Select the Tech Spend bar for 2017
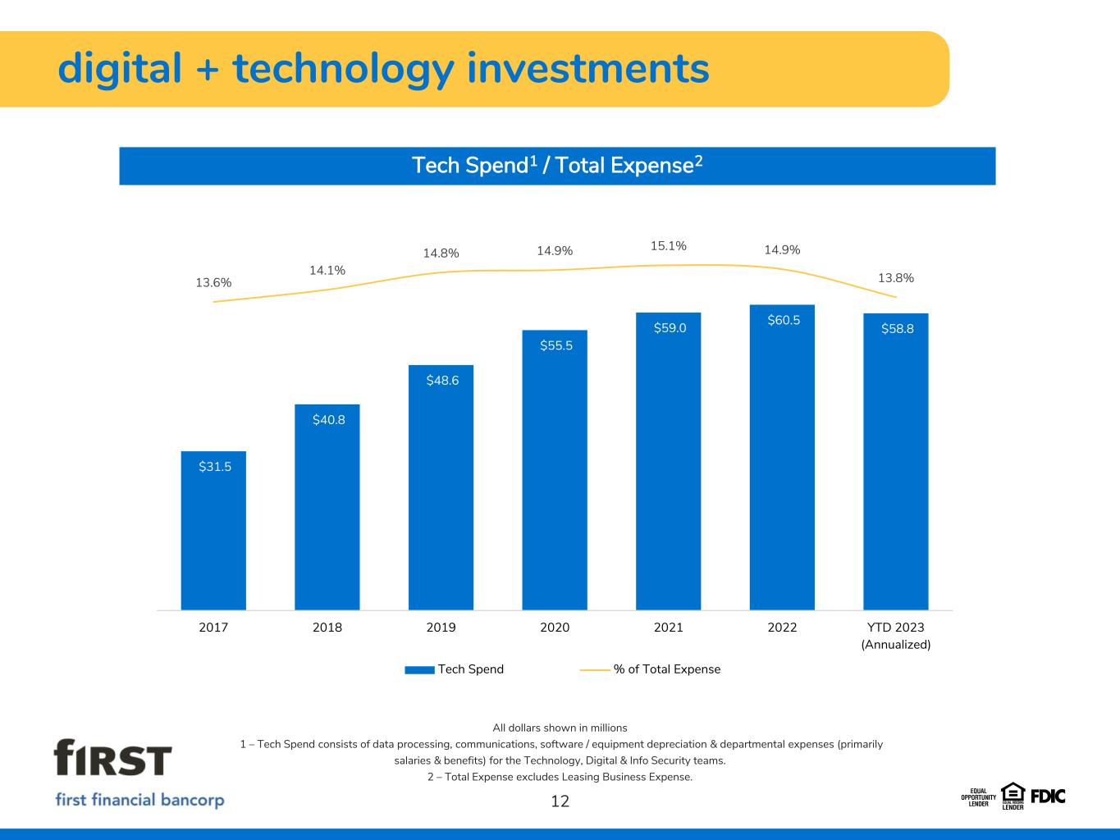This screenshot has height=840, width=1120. (x=213, y=533)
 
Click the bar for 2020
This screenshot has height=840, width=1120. (x=555, y=476)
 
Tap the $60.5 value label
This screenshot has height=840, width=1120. (x=783, y=320)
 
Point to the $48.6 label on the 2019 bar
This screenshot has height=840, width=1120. (x=442, y=381)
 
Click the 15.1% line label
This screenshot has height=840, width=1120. (x=668, y=245)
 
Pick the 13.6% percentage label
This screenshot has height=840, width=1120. (x=213, y=282)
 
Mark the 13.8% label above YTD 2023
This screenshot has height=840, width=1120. (x=896, y=278)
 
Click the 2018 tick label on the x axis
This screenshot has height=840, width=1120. (x=327, y=628)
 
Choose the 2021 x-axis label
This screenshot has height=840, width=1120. (x=668, y=628)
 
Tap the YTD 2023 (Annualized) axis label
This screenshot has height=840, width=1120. (x=896, y=636)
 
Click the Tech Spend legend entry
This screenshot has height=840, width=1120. (x=455, y=669)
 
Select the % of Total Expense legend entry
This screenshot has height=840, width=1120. (x=651, y=669)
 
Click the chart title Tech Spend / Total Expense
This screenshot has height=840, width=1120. (x=557, y=166)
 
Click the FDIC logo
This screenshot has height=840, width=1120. (x=1047, y=796)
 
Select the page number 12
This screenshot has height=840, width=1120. (x=560, y=801)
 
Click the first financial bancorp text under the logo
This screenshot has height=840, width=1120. (x=139, y=800)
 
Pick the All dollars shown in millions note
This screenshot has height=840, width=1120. (x=560, y=728)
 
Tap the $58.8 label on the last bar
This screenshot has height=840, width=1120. (x=897, y=328)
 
